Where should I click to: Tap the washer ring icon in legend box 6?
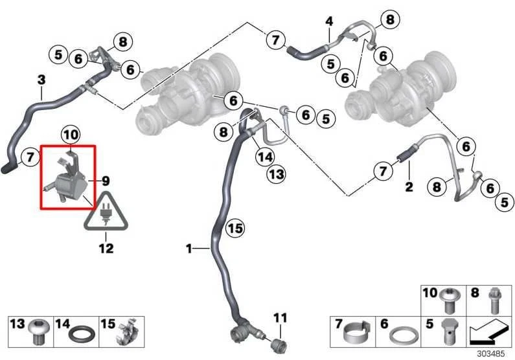404,335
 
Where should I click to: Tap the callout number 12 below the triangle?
106,248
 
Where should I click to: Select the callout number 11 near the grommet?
279,317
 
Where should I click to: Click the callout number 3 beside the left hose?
41,80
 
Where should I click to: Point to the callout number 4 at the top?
329,21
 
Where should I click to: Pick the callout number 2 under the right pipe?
408,188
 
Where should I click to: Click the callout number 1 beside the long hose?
189,248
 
